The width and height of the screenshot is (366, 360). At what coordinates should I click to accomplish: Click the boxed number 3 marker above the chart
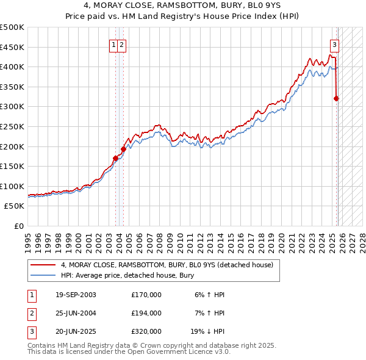point(335,44)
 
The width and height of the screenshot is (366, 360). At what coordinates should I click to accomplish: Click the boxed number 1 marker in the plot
point(114,44)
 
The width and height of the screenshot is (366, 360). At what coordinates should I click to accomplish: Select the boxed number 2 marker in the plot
point(122,44)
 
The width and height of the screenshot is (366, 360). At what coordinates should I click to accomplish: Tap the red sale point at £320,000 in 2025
point(336,98)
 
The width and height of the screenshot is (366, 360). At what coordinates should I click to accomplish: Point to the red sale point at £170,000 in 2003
point(115,158)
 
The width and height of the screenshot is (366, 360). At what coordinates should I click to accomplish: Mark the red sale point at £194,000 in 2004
point(123,148)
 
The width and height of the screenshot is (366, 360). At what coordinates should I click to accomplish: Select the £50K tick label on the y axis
point(14,206)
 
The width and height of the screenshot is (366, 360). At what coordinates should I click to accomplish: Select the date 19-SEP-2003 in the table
point(76,295)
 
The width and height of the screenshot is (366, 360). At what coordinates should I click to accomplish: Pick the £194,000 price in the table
point(146,313)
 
